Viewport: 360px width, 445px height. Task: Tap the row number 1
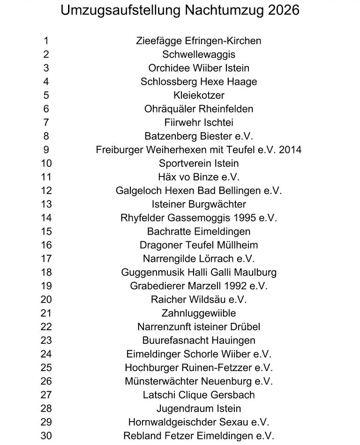(x=46, y=41)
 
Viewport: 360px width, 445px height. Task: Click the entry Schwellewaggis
(x=199, y=54)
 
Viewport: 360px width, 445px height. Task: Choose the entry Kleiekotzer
(x=199, y=95)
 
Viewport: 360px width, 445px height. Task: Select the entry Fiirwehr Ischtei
(x=199, y=123)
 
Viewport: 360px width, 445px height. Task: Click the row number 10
(x=46, y=163)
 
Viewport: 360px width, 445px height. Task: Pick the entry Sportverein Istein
(x=199, y=163)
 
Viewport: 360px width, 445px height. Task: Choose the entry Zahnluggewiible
(x=199, y=313)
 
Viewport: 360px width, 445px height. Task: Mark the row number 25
(x=46, y=368)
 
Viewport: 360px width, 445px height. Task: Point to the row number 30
(x=46, y=436)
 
